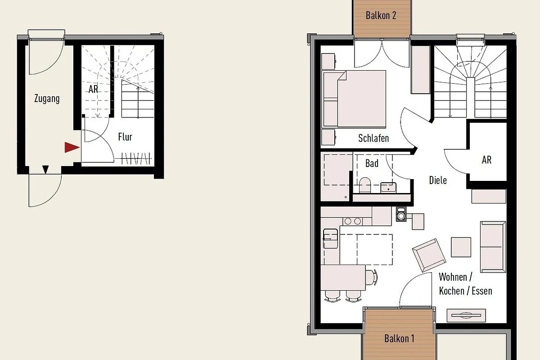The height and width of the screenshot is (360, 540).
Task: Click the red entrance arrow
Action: (x=72, y=147)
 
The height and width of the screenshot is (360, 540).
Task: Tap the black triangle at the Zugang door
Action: (x=45, y=169)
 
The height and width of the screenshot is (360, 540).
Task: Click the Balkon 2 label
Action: (x=381, y=15)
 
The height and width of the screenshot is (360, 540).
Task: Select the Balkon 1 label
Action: (x=399, y=338)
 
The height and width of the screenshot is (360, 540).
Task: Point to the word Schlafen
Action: (x=373, y=138)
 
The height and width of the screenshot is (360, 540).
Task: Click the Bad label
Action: (x=372, y=163)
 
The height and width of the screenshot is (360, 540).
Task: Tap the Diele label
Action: (x=438, y=180)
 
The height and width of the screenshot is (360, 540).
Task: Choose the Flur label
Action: (x=125, y=137)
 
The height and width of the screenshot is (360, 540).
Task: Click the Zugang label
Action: (x=47, y=99)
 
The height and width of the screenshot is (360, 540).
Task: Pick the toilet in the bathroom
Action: (x=365, y=185)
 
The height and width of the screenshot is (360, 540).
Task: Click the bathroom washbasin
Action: (x=388, y=188)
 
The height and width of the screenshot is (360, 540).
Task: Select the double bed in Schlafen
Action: (x=355, y=99)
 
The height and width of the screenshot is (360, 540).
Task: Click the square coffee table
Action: (x=461, y=247)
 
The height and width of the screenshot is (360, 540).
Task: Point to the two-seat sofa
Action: (x=493, y=247)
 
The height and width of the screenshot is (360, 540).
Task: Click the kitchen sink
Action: (x=330, y=238)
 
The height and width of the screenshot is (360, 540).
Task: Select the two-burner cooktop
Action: (x=353, y=221)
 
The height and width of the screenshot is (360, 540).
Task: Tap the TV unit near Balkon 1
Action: (x=466, y=315)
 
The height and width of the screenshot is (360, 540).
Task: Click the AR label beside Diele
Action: (x=486, y=160)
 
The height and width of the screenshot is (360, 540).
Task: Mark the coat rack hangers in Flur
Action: (x=136, y=158)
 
